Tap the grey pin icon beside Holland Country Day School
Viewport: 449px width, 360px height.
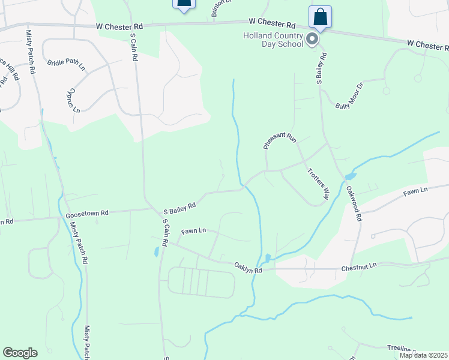(312, 40)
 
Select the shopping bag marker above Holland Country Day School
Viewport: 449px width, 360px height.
(320, 17)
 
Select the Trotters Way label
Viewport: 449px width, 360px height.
(319, 183)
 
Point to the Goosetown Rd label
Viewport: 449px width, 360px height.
(87, 213)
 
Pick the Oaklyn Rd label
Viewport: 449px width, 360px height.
(249, 271)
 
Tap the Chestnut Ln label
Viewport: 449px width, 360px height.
(358, 265)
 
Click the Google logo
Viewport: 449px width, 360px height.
(20, 353)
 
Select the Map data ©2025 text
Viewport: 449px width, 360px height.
(423, 355)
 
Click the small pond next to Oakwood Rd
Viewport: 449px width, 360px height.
(349, 177)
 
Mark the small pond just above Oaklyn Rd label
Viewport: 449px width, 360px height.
(268, 258)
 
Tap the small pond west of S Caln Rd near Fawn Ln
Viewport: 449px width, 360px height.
(156, 251)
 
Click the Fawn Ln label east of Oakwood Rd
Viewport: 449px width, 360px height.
(415, 191)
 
